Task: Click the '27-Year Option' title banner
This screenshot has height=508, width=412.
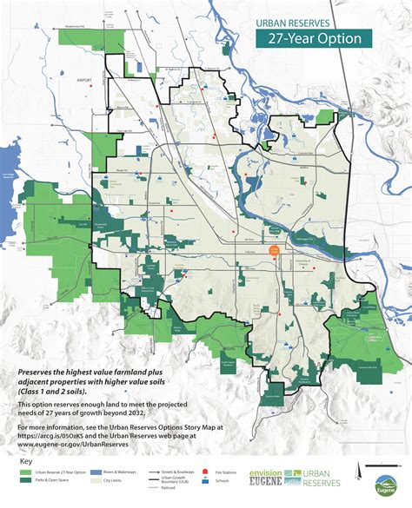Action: coord(314,38)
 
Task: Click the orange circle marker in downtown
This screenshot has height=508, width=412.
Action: coord(274,250)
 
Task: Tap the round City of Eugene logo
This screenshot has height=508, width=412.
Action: coord(389,483)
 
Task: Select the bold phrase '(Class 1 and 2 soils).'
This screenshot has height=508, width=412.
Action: coord(61,391)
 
